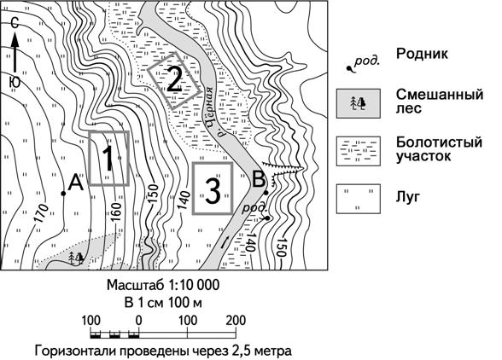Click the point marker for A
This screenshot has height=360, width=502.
coord(63,194)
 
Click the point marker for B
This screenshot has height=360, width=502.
coord(266,192)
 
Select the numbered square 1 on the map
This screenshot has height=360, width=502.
coord(109,158)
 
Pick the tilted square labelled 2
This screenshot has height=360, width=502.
coord(174,81)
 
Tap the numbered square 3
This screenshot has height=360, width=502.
coord(213,189)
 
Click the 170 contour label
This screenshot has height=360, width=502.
coord(41,213)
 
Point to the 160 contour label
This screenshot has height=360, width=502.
coord(116,212)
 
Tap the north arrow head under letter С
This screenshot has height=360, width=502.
coord(15,41)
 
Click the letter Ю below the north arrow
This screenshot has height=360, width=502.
coord(15,83)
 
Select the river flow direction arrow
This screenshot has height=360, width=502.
coord(225,242)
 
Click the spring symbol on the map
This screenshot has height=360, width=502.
coord(267,218)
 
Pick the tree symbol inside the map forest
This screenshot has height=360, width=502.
coord(77,257)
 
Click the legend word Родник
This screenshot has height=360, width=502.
coord(422,54)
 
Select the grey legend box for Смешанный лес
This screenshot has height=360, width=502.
coord(359,104)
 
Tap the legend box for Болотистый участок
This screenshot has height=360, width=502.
coord(359,151)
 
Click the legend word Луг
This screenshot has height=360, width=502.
coord(407,196)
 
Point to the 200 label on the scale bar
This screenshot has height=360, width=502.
coord(236,320)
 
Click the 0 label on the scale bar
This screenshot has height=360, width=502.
coord(138,320)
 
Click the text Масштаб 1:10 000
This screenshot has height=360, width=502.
coord(163,285)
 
